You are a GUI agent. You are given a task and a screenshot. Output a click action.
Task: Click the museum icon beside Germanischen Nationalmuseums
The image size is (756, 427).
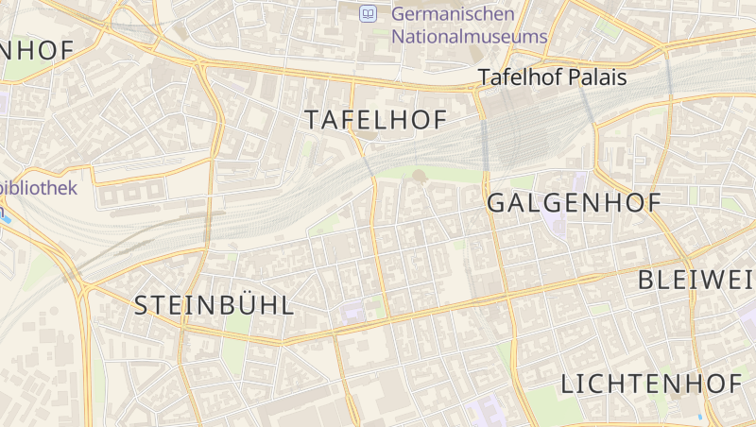(x=368, y=13)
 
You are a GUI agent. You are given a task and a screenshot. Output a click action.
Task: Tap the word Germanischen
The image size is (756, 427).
(x=453, y=13)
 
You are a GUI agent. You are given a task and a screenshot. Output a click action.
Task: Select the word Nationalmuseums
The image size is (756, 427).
(x=469, y=37)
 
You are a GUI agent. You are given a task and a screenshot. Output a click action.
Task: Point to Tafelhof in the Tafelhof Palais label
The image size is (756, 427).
(x=516, y=77)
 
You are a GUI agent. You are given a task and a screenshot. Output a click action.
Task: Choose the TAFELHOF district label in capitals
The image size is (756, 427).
(x=375, y=120)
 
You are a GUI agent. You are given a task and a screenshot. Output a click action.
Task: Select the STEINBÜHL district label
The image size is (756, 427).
(x=214, y=305)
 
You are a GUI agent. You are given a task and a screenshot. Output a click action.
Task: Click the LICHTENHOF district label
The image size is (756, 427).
(x=650, y=384)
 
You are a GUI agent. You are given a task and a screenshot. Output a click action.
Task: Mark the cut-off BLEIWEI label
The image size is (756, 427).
(x=697, y=280)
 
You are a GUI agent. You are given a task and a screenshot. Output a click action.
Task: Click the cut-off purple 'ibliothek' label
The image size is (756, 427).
(x=39, y=187)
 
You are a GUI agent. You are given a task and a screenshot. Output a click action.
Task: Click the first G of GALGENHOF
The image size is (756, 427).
(x=496, y=202)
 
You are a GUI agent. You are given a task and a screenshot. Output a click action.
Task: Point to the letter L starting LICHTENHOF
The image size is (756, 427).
(x=567, y=384)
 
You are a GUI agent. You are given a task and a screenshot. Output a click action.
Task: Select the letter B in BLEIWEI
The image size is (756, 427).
(x=648, y=280)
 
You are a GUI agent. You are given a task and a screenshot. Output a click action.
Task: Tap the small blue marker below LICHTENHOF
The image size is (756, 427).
(x=700, y=416)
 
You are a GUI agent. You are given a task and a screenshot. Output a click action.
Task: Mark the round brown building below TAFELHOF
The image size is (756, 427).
(x=419, y=175)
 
